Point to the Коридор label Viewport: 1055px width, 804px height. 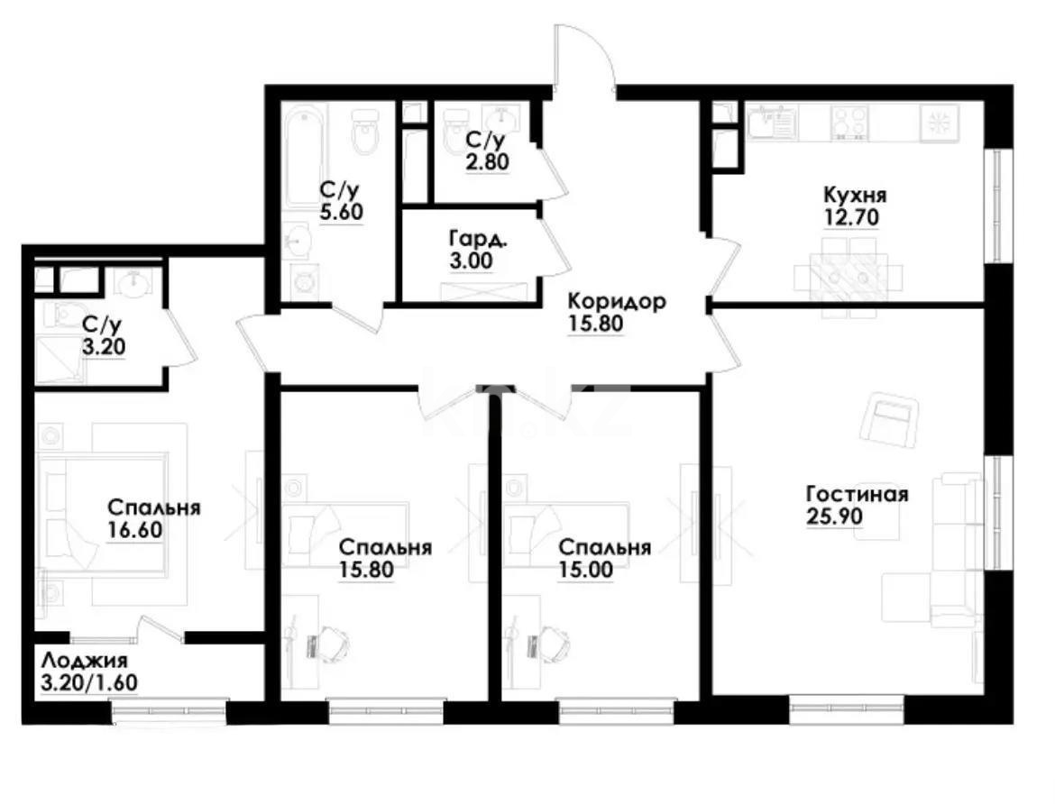tap(617, 301)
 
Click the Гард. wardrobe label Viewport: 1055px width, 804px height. tap(471, 240)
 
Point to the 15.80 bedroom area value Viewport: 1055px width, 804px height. tap(367, 570)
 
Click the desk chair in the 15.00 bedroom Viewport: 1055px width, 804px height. tap(552, 642)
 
